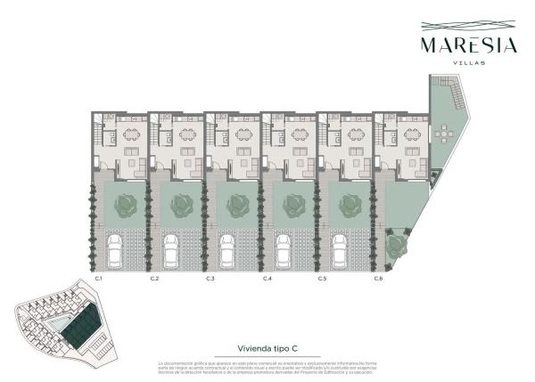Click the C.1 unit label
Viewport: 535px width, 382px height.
click(x=99, y=280)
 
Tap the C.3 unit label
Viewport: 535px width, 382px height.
click(x=210, y=280)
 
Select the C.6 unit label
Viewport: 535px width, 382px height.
click(x=379, y=280)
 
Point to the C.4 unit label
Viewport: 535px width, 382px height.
click(x=267, y=280)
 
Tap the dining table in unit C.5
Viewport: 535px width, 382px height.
click(x=356, y=135)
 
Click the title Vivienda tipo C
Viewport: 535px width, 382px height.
click(x=268, y=349)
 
